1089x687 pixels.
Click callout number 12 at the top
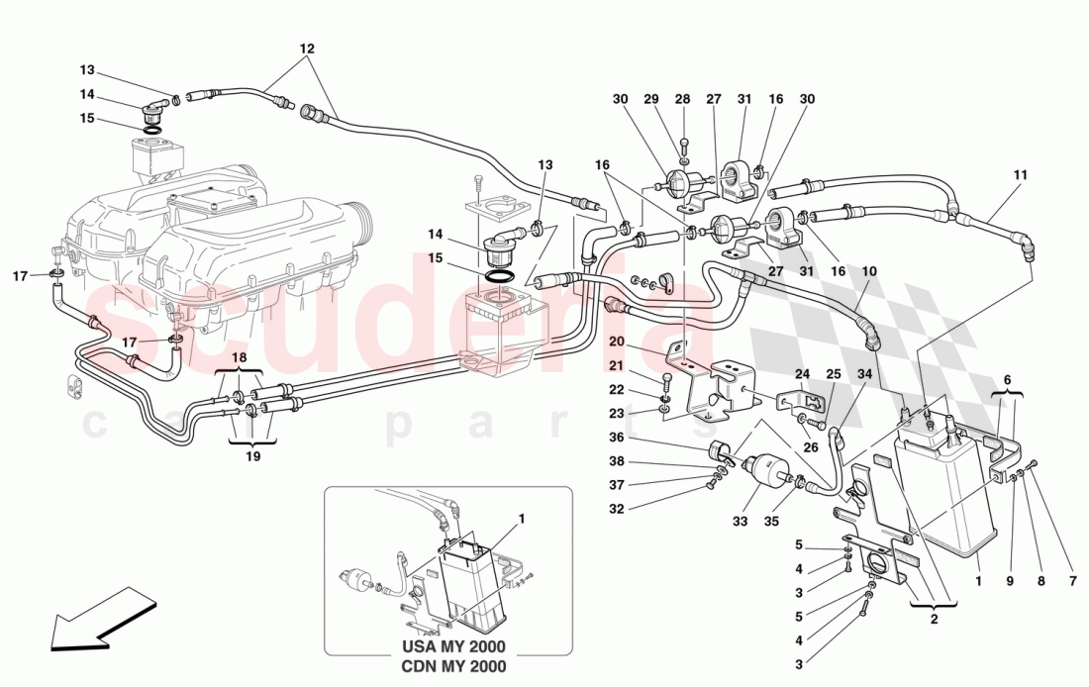(x=307, y=49)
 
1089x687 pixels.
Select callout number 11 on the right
(x=1020, y=175)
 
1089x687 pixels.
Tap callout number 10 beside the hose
(x=869, y=271)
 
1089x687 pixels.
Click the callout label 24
(x=802, y=374)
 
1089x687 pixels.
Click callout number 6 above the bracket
(x=1007, y=379)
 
